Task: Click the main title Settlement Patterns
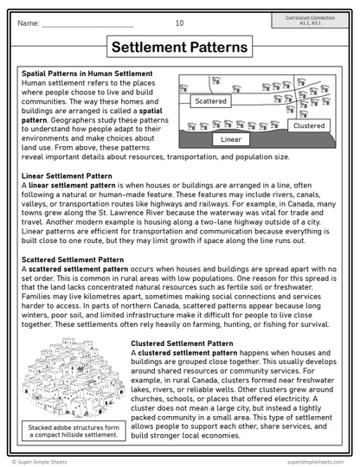pos(179,48)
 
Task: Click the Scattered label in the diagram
pos(211,101)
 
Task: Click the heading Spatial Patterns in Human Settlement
pos(87,74)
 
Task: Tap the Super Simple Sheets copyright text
pos(48,460)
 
